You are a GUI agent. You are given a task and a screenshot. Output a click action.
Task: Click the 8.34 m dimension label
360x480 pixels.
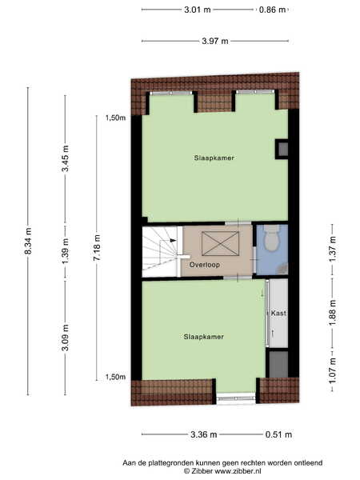[x=28, y=241]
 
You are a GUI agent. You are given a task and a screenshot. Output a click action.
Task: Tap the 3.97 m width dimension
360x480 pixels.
[x=215, y=41]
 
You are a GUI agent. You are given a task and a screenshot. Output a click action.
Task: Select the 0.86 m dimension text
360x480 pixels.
[x=272, y=10]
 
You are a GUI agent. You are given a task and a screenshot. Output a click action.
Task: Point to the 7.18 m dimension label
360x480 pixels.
[x=97, y=248]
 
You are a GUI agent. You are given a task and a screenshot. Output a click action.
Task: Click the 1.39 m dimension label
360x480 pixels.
[x=66, y=251]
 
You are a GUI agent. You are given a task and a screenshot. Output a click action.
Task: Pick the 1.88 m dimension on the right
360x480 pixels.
[x=333, y=313]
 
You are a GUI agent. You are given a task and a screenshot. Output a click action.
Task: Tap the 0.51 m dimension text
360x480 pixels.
[x=278, y=434]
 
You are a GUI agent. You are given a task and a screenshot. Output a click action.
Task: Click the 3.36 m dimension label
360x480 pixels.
[x=203, y=434]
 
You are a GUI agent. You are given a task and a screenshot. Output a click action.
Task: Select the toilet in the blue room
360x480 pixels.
[x=271, y=238]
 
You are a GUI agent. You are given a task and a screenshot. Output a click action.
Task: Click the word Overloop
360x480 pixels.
[x=205, y=265]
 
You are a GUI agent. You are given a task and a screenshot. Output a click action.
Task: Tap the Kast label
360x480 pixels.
[x=278, y=313]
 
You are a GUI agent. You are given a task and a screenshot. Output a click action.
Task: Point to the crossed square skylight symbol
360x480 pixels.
[x=221, y=243]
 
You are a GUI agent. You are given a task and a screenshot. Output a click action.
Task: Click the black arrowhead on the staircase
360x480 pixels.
[x=174, y=240]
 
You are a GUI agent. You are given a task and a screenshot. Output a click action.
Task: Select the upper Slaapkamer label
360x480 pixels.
[x=214, y=158]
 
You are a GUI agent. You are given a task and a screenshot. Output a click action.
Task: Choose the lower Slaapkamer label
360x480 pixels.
[x=203, y=337]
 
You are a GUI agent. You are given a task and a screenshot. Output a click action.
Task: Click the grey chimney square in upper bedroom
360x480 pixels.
[x=283, y=149]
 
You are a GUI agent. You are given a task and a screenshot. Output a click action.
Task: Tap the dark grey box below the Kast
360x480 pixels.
[x=278, y=364]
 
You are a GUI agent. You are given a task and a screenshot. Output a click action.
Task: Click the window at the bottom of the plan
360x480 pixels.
[x=236, y=398]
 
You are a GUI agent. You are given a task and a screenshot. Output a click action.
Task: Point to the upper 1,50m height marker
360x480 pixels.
[x=115, y=118]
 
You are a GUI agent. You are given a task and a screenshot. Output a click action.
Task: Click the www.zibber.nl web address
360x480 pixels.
[x=238, y=471]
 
